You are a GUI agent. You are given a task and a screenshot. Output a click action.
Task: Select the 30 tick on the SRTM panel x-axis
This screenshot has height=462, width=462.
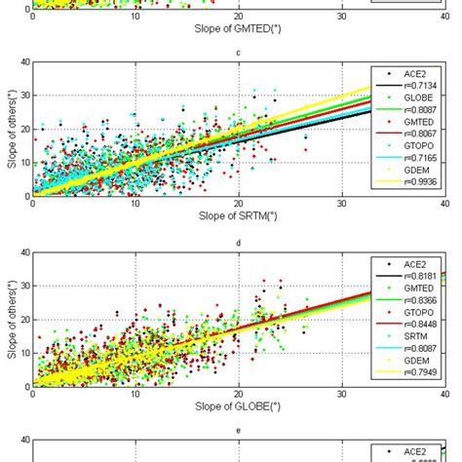(341, 204)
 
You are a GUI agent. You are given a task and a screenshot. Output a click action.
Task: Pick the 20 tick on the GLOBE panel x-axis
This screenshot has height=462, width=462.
(239, 394)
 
